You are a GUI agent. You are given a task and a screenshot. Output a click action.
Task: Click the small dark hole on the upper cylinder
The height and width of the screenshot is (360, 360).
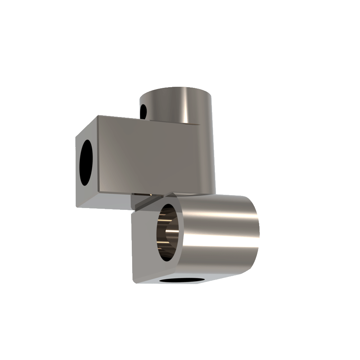coord(143,111)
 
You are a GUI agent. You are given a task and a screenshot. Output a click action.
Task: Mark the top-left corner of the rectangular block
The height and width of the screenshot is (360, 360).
coord(98,116)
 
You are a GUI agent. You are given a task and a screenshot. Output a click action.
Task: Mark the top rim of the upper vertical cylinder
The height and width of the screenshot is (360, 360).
coord(176,88)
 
